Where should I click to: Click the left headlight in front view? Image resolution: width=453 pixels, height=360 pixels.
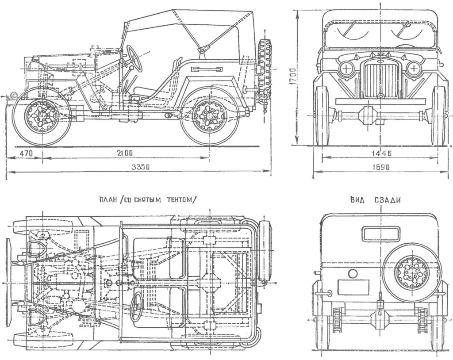pyautogui.click(x=346, y=69)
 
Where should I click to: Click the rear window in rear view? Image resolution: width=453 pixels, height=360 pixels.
pyautogui.click(x=380, y=234)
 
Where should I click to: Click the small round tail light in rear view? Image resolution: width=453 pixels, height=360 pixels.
pyautogui.click(x=353, y=274)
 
